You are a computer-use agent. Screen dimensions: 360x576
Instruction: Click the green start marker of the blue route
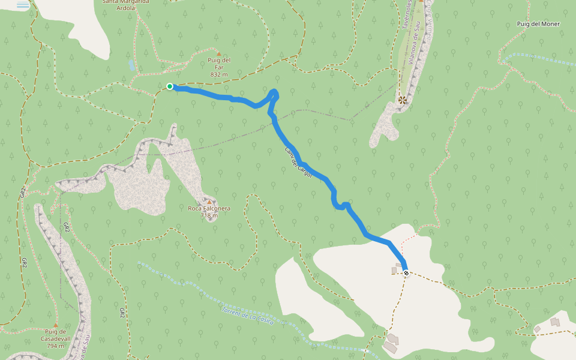pos(170,86)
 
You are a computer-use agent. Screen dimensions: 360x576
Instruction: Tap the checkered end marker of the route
pos(406,273)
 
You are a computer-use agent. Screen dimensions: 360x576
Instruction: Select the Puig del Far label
pos(219,64)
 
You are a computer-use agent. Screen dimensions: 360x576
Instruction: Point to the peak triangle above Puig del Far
pos(218,53)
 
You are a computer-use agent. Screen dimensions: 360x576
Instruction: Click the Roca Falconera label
pos(209,208)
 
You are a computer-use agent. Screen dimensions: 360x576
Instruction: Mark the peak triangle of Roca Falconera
pos(209,202)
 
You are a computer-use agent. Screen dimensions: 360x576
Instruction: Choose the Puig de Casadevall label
pos(55,335)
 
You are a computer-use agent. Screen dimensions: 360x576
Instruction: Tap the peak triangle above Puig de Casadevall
pos(55,325)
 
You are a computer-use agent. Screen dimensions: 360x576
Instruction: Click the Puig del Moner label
pos(538,24)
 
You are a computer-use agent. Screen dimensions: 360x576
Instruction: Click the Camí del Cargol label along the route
pos(298,163)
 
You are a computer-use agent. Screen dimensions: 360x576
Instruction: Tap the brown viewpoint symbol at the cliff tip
pos(402,100)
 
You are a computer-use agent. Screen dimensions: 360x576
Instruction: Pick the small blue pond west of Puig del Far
pos(131,64)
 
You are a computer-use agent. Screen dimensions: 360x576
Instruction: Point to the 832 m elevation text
pos(219,74)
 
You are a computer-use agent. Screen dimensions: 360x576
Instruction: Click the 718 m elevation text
pos(209,215)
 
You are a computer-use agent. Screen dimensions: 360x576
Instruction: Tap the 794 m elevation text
pos(55,346)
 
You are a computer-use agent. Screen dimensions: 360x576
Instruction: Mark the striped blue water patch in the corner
pos(22,5)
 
